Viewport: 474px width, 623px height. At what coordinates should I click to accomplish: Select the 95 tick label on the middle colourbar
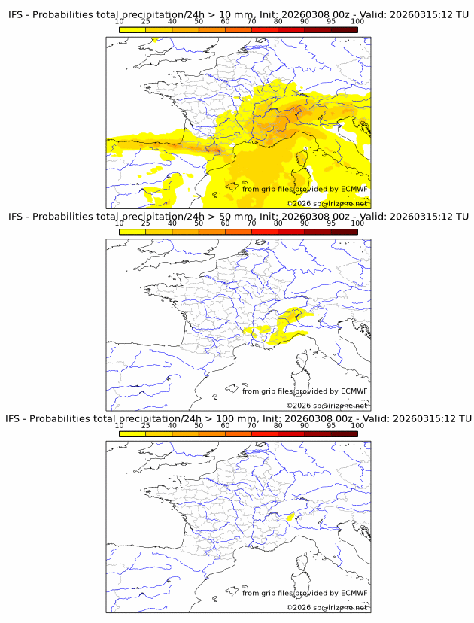(331, 223)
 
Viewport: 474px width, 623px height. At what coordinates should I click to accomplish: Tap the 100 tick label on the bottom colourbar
(357, 425)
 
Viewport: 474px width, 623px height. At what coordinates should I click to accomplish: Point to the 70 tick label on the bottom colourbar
(251, 425)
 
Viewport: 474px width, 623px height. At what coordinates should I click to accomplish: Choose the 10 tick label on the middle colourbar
(120, 223)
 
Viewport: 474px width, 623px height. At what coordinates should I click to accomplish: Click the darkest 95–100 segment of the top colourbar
(344, 30)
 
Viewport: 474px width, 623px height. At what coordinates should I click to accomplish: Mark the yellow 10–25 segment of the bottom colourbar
(132, 434)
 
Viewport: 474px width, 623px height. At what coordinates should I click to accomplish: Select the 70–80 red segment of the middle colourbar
(264, 232)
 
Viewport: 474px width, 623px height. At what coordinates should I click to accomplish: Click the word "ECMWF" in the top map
(354, 189)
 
